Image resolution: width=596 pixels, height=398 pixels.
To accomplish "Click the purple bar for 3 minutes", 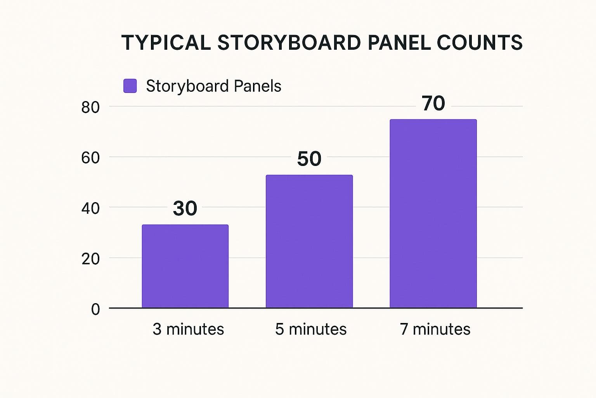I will [185, 266].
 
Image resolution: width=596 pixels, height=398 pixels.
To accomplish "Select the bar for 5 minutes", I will [309, 241].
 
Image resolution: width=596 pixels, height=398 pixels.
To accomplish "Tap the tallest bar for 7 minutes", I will [433, 214].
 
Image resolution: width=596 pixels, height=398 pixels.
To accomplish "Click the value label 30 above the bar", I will [185, 209].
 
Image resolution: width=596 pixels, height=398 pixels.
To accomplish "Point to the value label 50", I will [309, 159].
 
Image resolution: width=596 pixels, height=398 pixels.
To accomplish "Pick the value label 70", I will [433, 103].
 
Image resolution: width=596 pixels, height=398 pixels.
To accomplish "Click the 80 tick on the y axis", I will [90, 107].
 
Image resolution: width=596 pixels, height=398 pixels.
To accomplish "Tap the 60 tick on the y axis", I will [90, 158].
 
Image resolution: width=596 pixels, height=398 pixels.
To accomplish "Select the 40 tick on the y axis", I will [90, 208].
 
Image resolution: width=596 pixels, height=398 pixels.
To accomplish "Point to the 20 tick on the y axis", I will [90, 259].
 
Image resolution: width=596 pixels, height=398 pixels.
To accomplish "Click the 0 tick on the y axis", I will [95, 309].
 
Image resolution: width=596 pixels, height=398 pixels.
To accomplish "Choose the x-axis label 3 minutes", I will [188, 329].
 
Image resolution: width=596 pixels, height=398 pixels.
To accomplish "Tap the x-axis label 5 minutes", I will [311, 329].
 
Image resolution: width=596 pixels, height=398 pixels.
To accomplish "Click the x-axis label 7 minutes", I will [435, 329].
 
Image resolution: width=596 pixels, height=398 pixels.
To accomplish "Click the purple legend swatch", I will [130, 86].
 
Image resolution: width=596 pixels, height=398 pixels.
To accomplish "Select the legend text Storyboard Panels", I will [213, 86].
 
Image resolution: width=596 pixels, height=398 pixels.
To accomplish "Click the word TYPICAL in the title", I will [166, 42].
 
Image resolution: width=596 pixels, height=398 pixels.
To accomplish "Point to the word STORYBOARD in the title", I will [289, 42].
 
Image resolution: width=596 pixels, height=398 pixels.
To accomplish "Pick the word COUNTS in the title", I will [480, 42].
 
